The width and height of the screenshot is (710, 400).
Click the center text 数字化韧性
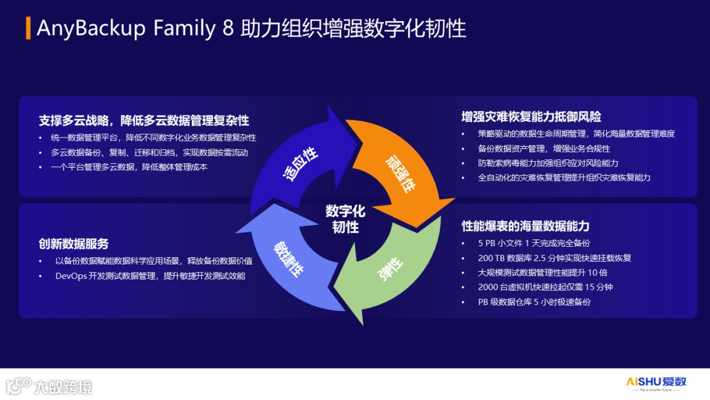(345, 219)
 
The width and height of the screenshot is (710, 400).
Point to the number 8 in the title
(228, 29)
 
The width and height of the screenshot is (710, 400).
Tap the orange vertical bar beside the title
(28, 28)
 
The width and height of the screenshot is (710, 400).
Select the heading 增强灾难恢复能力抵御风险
(531, 117)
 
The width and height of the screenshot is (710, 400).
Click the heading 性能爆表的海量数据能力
(525, 226)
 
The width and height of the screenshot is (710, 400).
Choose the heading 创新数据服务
(74, 243)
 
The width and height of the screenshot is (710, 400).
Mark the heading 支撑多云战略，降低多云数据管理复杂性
(144, 120)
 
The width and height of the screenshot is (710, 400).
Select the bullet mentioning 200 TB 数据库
(554, 258)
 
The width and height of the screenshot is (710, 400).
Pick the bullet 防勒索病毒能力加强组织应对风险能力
(548, 163)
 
